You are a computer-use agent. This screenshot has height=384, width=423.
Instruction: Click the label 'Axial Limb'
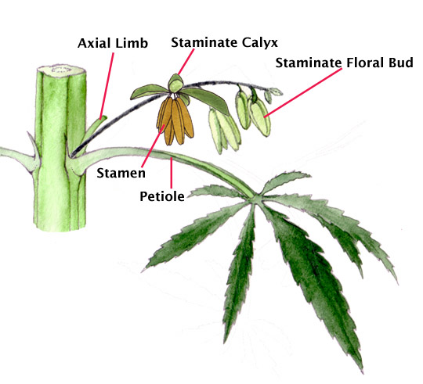click(x=113, y=43)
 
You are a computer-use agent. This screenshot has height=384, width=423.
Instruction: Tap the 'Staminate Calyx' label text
click(x=224, y=42)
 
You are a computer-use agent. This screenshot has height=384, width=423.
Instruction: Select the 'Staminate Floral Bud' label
click(x=344, y=63)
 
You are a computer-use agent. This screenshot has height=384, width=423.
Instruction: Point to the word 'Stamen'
click(x=121, y=173)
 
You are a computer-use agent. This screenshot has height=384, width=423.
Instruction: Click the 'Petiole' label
click(x=162, y=196)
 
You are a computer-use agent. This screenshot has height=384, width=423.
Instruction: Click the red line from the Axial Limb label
click(x=107, y=86)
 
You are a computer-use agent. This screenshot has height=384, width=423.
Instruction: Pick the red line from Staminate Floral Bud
click(x=303, y=92)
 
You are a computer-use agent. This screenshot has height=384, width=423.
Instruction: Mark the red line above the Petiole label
click(x=172, y=173)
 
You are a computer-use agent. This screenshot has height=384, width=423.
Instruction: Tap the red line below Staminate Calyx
click(x=186, y=62)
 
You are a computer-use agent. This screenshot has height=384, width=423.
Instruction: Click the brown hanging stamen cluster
click(x=175, y=121)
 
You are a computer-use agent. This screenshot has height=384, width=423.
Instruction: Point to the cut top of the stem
click(x=62, y=70)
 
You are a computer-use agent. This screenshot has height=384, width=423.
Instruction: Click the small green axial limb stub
click(x=95, y=129)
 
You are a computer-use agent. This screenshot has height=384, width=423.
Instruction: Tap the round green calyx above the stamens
click(x=175, y=84)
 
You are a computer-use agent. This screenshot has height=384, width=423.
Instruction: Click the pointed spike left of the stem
click(x=32, y=142)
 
